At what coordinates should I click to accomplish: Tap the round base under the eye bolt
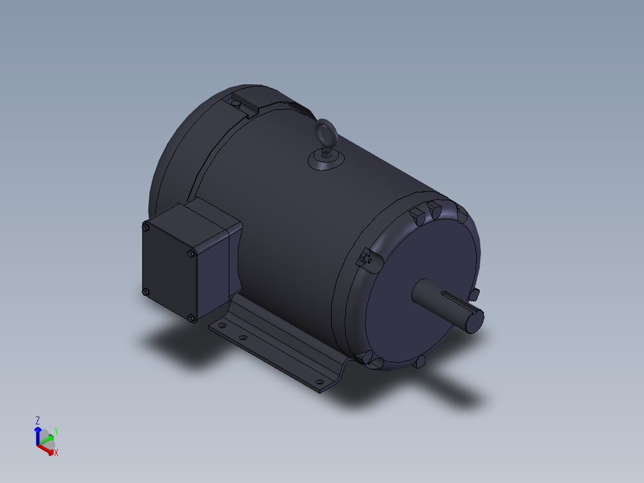click(x=326, y=161)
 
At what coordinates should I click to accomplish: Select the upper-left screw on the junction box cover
click(x=145, y=227)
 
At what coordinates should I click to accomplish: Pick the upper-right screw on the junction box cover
click(x=191, y=254)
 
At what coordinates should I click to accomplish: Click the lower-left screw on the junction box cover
click(x=145, y=292)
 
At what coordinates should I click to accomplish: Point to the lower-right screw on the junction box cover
click(x=191, y=318)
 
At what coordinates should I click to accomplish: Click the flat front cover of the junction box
click(x=168, y=272)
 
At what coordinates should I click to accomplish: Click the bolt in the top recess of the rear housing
click(x=237, y=105)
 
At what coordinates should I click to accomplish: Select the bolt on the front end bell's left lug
click(x=366, y=258)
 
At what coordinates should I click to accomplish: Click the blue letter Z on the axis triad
click(x=38, y=420)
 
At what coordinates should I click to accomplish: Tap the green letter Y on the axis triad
click(x=56, y=430)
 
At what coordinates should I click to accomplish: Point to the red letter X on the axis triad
click(x=56, y=453)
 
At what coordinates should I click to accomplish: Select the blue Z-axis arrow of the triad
click(x=38, y=434)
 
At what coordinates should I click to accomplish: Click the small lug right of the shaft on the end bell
click(x=475, y=294)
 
